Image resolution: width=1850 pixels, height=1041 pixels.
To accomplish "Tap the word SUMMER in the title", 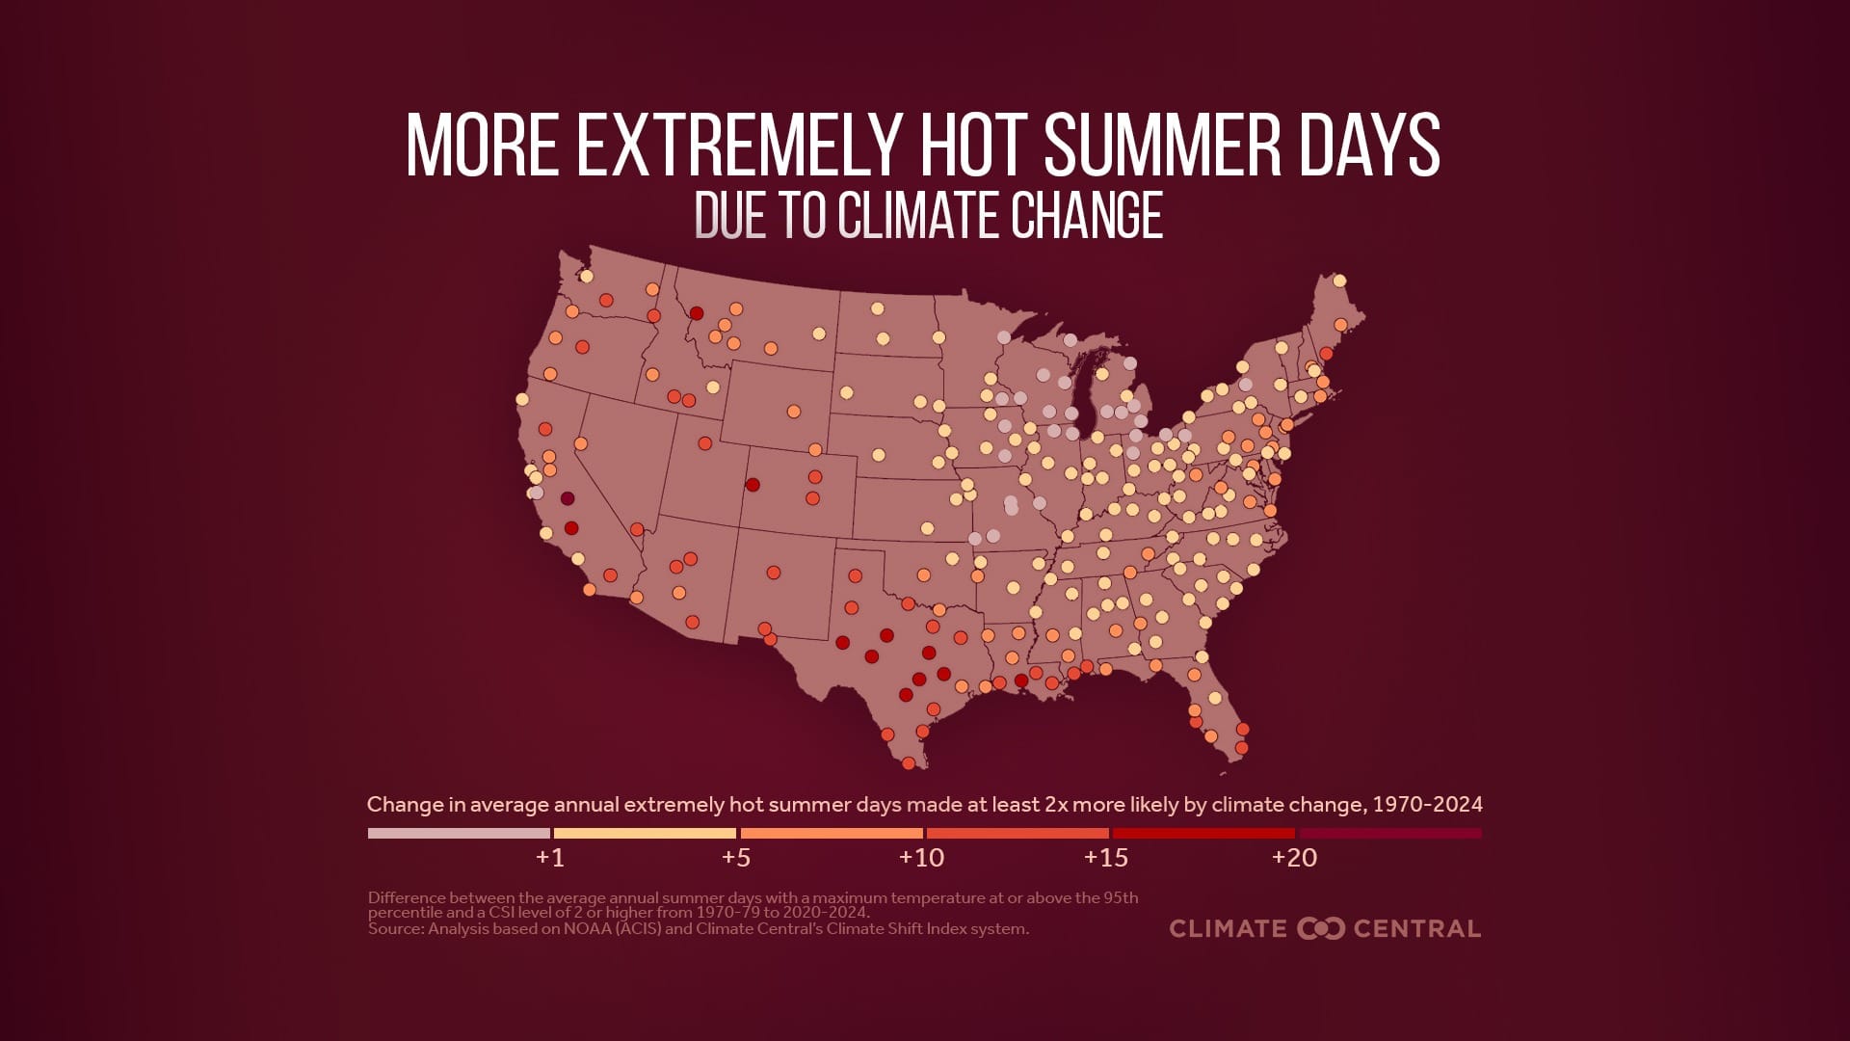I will click(x=1162, y=146).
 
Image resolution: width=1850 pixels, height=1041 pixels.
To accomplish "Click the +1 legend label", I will click(x=550, y=857).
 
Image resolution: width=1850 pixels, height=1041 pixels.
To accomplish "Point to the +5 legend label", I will click(x=736, y=857).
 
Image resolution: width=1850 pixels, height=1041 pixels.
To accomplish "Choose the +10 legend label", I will click(x=921, y=857).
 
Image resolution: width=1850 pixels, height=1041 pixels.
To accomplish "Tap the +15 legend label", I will click(x=1106, y=857).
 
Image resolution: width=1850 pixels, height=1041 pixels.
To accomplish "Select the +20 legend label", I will click(x=1294, y=857).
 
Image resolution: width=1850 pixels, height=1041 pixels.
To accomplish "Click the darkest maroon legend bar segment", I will click(x=1389, y=833).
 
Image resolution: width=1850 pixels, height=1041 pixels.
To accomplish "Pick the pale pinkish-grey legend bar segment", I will click(x=459, y=833).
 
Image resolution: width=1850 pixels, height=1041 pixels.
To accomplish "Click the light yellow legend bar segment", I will click(x=645, y=833).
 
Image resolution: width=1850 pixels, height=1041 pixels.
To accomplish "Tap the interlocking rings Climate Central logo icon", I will click(x=1321, y=928).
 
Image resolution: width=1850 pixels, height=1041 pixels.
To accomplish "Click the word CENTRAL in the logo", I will click(x=1416, y=928).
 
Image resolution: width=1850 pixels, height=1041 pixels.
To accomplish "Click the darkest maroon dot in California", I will click(x=568, y=498).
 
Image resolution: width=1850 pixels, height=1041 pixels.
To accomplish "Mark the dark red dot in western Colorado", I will click(x=753, y=485).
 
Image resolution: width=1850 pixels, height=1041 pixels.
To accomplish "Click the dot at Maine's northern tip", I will click(x=1338, y=281).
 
